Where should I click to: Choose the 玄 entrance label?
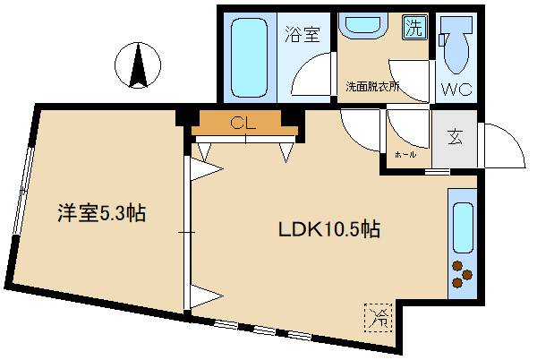pos(456,137)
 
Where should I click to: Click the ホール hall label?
pos(405,155)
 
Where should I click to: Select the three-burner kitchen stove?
pos(462,274)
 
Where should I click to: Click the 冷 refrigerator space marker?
pos(375,314)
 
